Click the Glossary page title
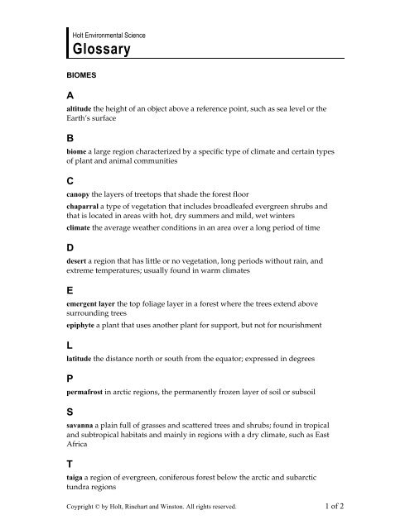[x=110, y=50]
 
